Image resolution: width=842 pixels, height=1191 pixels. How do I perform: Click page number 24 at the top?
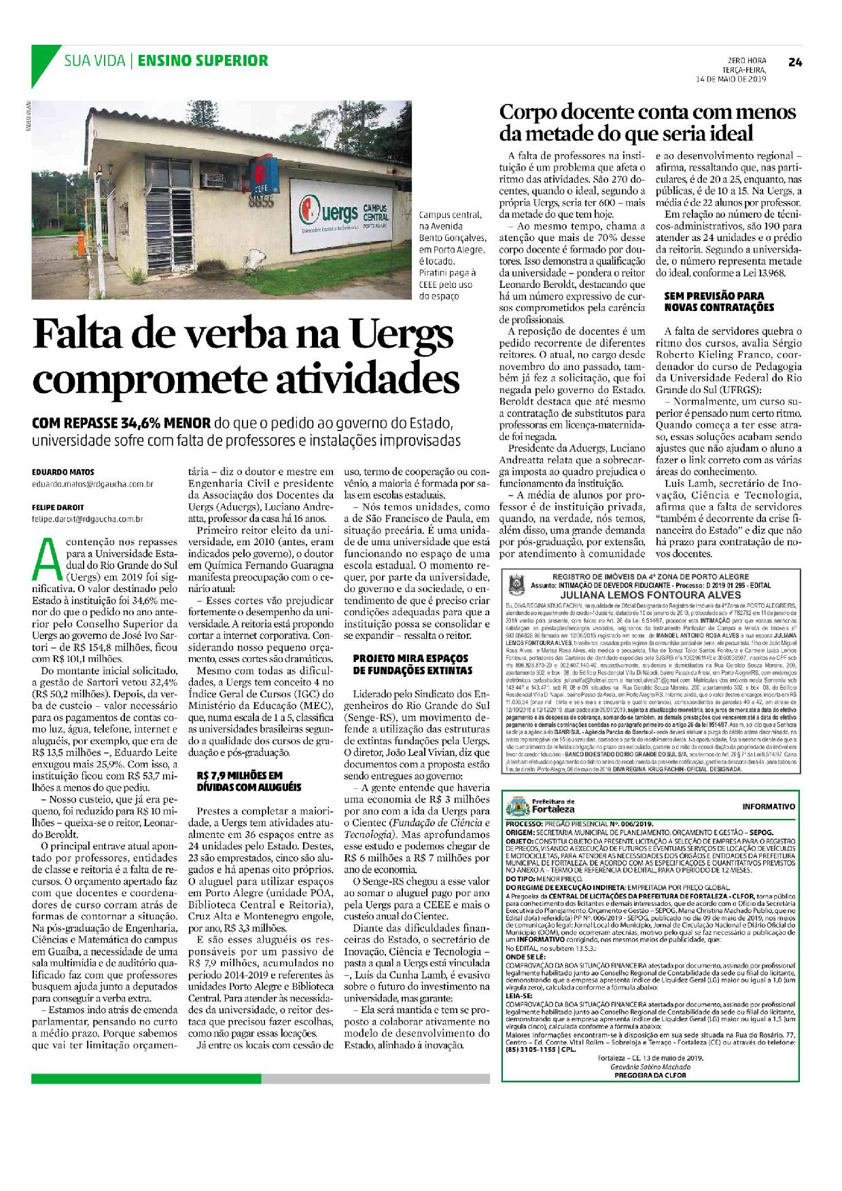tap(796, 62)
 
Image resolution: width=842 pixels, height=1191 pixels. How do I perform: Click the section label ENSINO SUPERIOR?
tap(203, 61)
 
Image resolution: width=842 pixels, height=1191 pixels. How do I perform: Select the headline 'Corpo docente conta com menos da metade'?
tap(648, 122)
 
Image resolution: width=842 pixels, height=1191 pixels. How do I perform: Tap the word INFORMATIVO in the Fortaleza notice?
tap(769, 807)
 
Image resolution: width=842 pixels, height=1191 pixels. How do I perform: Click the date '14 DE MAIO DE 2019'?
tap(729, 79)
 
